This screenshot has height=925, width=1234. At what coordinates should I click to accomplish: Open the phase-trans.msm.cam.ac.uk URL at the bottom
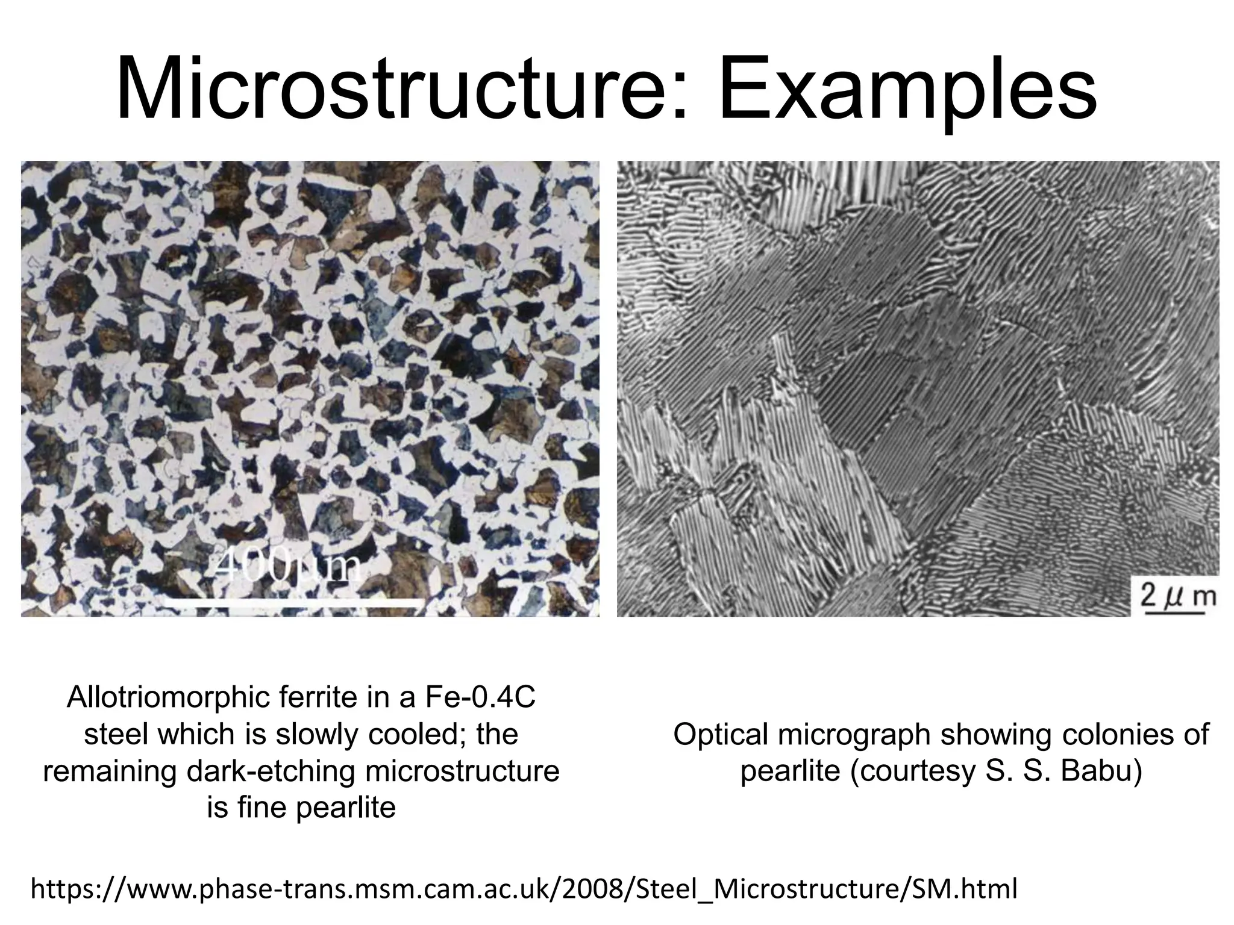point(524,889)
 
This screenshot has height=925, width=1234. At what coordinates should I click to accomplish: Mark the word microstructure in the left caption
point(460,772)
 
